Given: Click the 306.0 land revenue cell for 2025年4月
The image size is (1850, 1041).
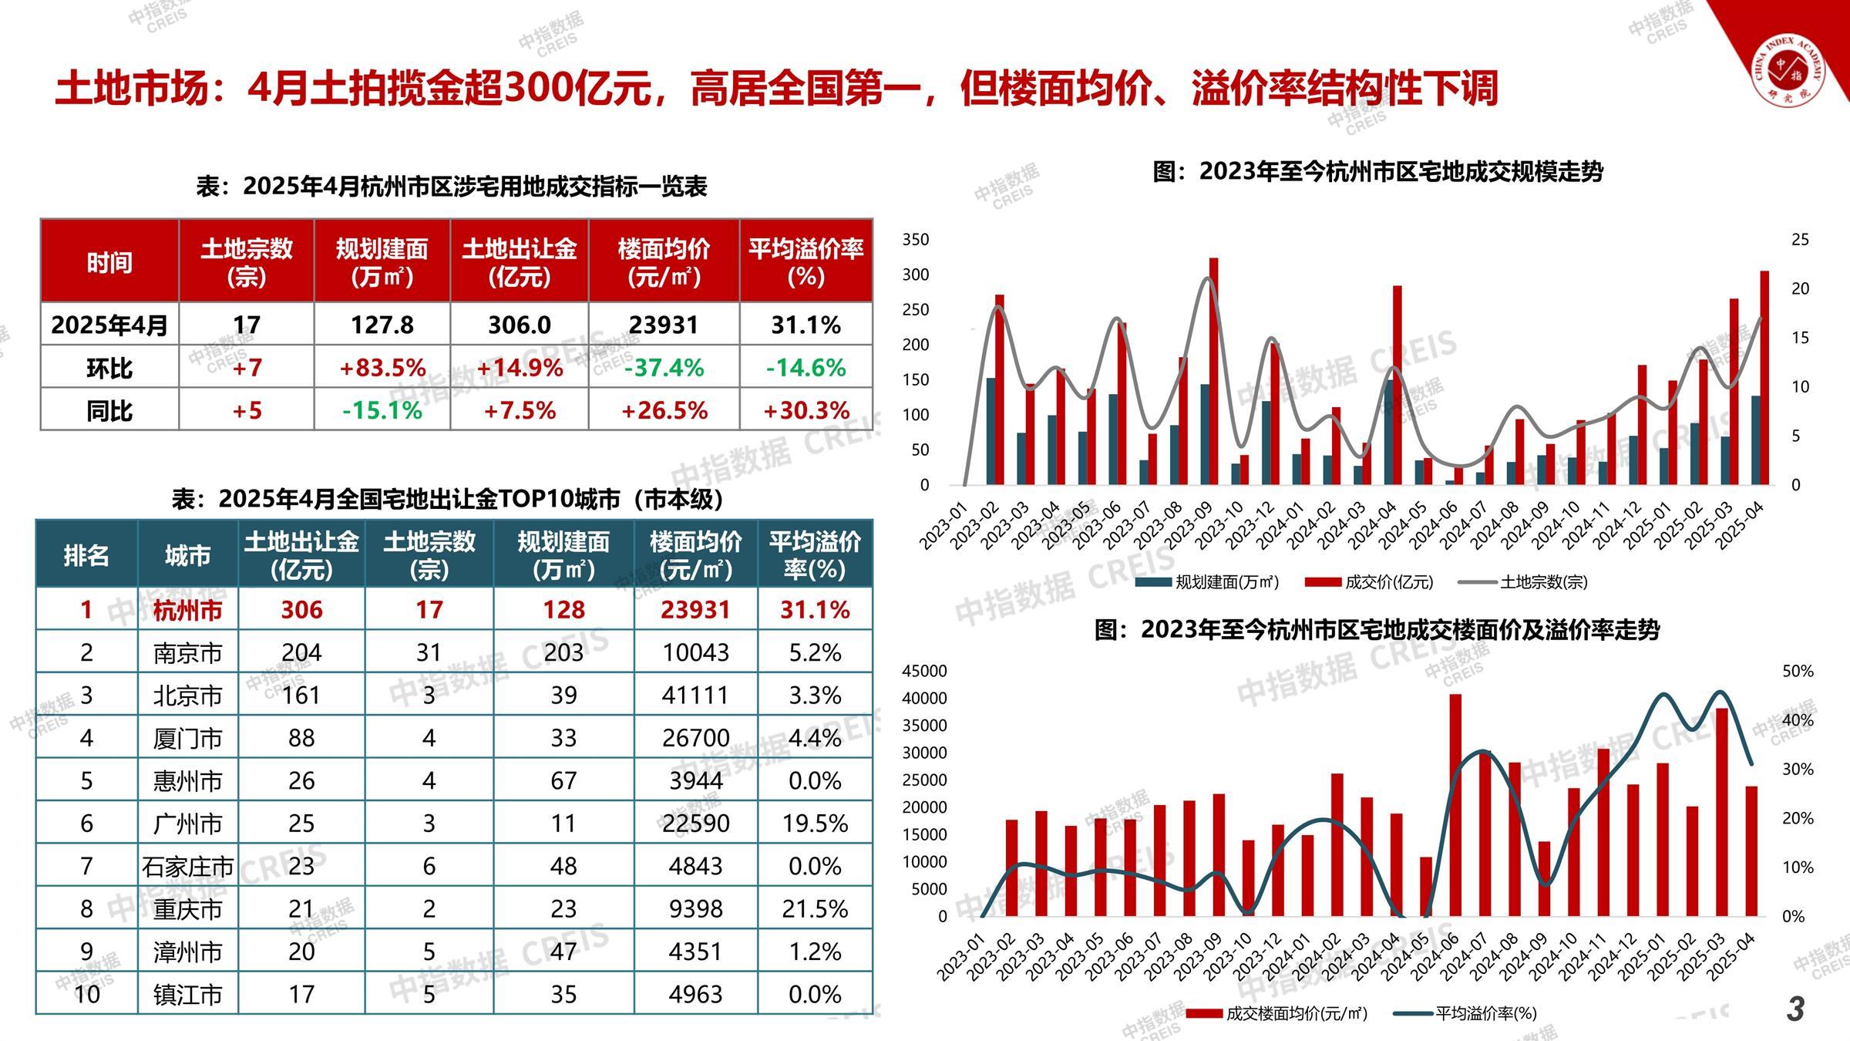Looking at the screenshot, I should pyautogui.click(x=519, y=325).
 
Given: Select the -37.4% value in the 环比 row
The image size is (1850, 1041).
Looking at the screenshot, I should pyautogui.click(x=664, y=368).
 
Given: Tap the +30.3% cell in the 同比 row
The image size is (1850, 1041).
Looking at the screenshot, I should pyautogui.click(x=806, y=410).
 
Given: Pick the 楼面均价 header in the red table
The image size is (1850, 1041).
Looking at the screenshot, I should pyautogui.click(x=664, y=261).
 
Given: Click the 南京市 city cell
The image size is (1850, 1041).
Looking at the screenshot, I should pyautogui.click(x=187, y=653).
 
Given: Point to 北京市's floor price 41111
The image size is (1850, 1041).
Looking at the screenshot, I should pyautogui.click(x=695, y=696).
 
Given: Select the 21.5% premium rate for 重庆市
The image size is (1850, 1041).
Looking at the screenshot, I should pyautogui.click(x=815, y=908).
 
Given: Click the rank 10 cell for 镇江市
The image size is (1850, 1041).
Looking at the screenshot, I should pyautogui.click(x=86, y=994).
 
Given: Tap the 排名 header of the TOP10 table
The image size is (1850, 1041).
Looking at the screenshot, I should pyautogui.click(x=86, y=555).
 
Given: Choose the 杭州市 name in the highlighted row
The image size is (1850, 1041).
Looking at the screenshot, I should pyautogui.click(x=187, y=610).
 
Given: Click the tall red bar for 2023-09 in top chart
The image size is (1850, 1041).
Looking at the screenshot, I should pyautogui.click(x=1213, y=370).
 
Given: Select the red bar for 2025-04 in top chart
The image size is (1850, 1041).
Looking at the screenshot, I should pyautogui.click(x=1764, y=378).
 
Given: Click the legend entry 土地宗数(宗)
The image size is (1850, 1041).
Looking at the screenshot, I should pyautogui.click(x=1542, y=582).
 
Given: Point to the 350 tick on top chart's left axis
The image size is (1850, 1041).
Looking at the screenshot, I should pyautogui.click(x=916, y=240).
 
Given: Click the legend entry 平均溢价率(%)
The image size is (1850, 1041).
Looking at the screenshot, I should pyautogui.click(x=1485, y=1013).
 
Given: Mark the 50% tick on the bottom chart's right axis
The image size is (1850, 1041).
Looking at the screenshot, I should pyautogui.click(x=1798, y=672).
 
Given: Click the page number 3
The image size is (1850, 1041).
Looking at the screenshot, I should pyautogui.click(x=1795, y=1009).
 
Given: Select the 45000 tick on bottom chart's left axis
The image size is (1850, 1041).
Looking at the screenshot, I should pyautogui.click(x=924, y=672).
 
